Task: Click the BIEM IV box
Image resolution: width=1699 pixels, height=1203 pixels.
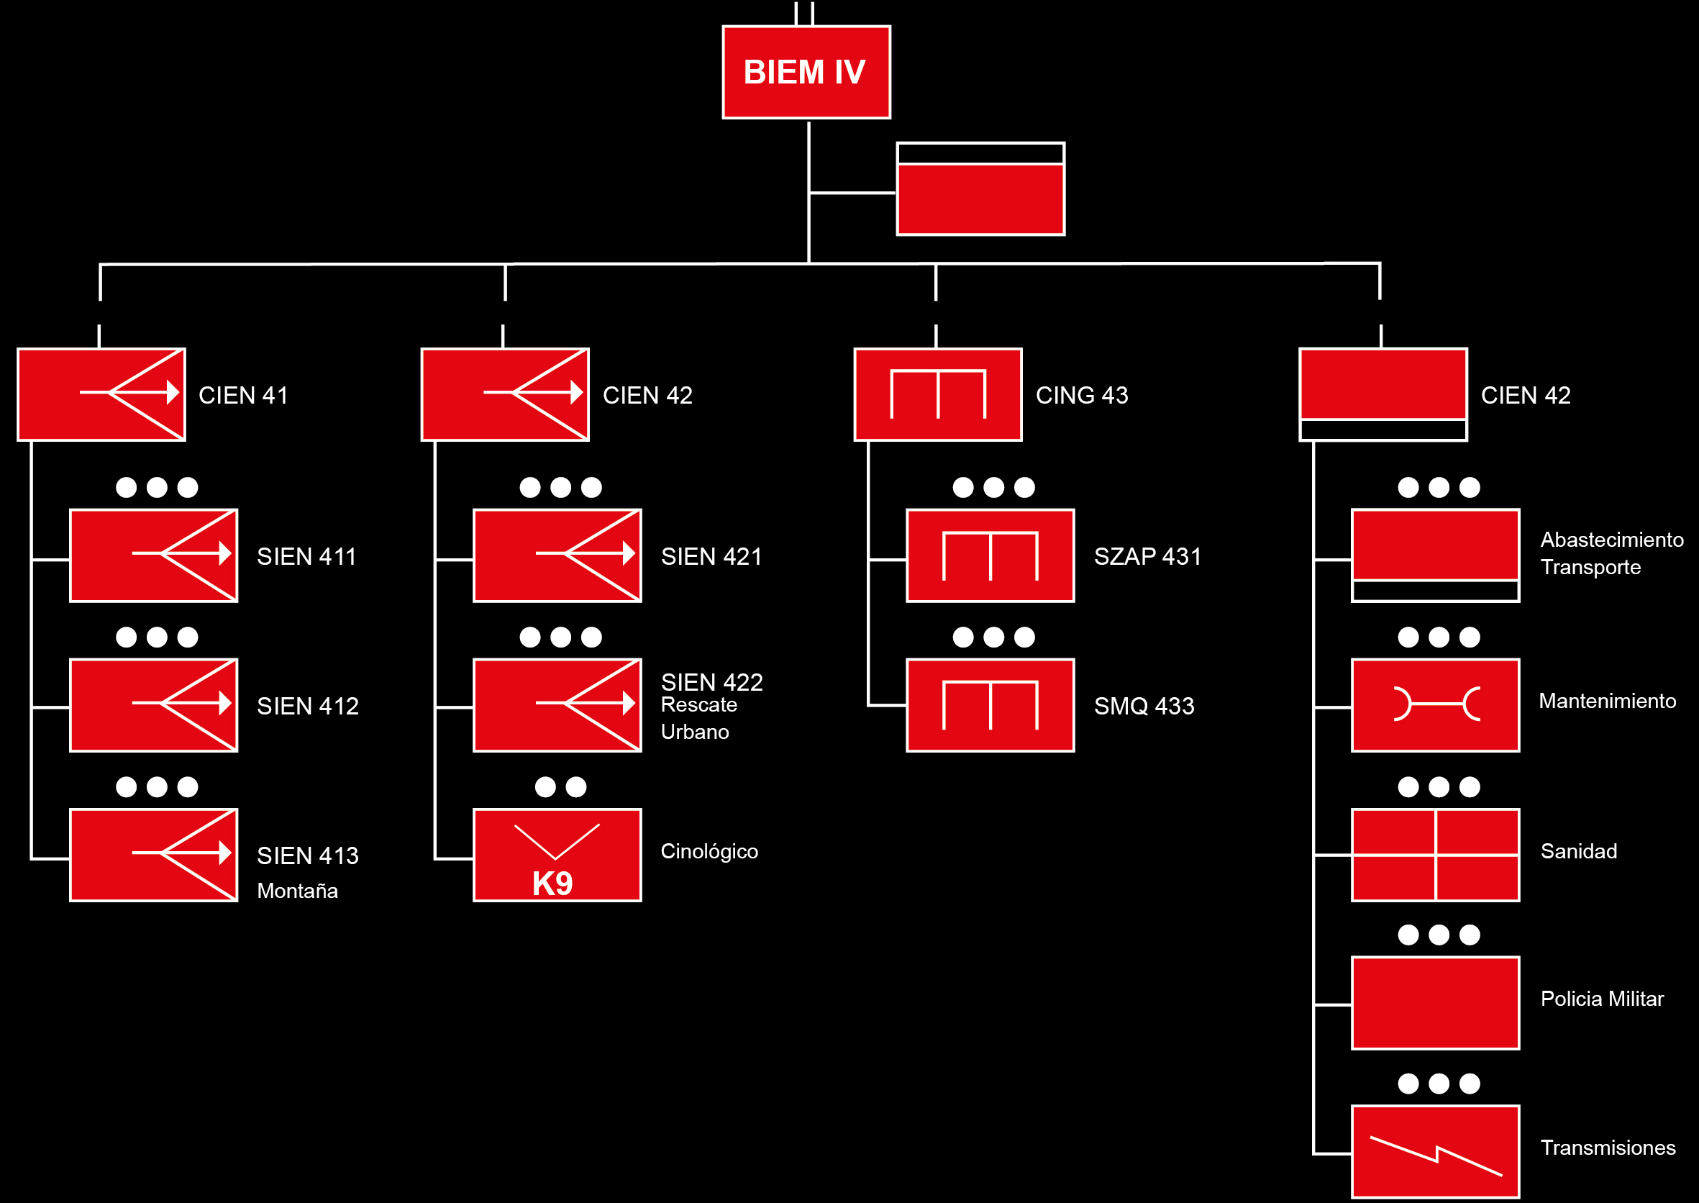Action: pyautogui.click(x=806, y=72)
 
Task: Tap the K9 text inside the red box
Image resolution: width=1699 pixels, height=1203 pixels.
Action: pyautogui.click(x=552, y=883)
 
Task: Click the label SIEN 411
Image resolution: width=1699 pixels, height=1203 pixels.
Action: pyautogui.click(x=306, y=556)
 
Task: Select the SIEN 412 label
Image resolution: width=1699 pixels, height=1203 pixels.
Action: pyautogui.click(x=307, y=706)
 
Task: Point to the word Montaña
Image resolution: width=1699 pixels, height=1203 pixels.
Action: pyautogui.click(x=297, y=891)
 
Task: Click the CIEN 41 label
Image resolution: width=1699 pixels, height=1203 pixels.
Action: pyautogui.click(x=243, y=395)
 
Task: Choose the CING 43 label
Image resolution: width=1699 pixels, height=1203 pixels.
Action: pyautogui.click(x=1081, y=395)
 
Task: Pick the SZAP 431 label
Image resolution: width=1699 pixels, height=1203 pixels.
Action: pyautogui.click(x=1147, y=556)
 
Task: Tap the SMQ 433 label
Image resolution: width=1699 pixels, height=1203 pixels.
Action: pyautogui.click(x=1144, y=706)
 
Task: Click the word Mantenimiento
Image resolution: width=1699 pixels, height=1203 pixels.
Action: pyautogui.click(x=1607, y=701)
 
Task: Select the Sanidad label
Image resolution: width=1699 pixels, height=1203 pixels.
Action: pyautogui.click(x=1578, y=851)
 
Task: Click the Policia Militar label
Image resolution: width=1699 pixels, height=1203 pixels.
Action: pyautogui.click(x=1601, y=999)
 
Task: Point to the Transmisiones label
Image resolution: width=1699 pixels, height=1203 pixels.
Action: pyautogui.click(x=1607, y=1148)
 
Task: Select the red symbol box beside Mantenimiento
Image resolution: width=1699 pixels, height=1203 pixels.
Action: pyautogui.click(x=1435, y=704)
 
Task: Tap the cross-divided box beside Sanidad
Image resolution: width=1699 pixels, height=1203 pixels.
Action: pyautogui.click(x=1435, y=855)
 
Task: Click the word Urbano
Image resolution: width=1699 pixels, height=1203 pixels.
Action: pyautogui.click(x=695, y=732)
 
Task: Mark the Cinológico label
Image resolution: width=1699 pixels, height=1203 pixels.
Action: pyautogui.click(x=709, y=851)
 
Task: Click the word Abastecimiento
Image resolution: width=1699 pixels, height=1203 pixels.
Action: pyautogui.click(x=1612, y=540)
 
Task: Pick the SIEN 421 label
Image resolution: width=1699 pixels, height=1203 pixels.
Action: pyautogui.click(x=711, y=556)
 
